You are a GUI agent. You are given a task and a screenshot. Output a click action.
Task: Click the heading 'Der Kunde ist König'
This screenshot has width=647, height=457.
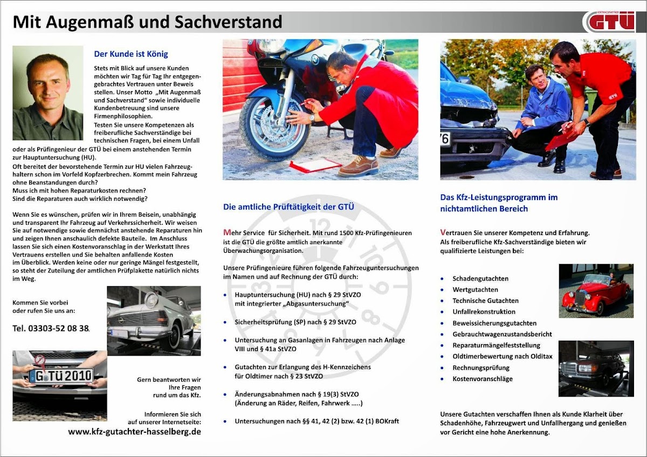coord(131,54)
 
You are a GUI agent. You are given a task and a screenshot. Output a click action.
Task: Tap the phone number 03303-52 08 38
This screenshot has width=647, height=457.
coord(51,328)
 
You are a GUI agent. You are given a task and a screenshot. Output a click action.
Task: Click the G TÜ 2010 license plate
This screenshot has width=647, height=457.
coord(61,375)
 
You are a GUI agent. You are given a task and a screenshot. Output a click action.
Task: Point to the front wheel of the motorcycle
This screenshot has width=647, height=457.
coord(266,127)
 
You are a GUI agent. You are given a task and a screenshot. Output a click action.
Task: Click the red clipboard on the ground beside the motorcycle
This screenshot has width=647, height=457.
coord(315,165)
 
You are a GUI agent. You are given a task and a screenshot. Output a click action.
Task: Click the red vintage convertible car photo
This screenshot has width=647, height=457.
coord(595,291)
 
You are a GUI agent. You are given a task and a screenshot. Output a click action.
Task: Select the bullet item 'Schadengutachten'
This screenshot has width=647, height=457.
coord(480,279)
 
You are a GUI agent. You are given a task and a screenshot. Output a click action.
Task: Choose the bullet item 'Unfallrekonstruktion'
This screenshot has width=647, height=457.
coord(484,311)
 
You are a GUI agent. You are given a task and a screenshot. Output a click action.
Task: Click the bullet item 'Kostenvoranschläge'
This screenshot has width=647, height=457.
coord(483,379)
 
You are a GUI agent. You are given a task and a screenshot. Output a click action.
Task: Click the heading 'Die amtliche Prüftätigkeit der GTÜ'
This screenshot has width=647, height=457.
coord(288,207)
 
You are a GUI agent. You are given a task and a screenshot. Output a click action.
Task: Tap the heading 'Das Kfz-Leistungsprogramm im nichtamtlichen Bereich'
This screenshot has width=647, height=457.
coord(499,203)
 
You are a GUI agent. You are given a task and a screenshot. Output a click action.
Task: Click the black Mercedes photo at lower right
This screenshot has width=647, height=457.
coord(595,368)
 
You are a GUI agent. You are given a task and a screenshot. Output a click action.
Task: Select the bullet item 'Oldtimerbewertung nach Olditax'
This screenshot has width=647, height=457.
coord(503,356)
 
